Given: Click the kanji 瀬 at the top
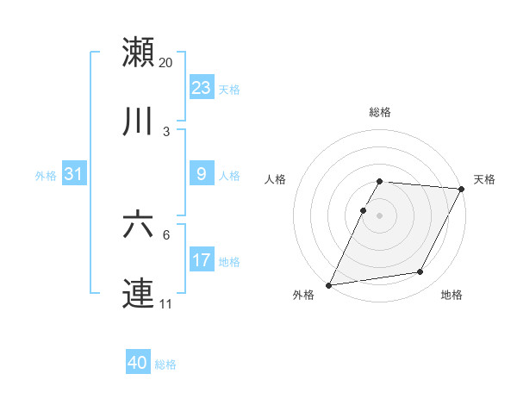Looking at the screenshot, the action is pos(138,52).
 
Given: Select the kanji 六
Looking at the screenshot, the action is pos(138,224).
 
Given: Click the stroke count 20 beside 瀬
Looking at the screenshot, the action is pos(166,63).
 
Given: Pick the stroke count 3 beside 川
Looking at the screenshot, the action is pos(166,131).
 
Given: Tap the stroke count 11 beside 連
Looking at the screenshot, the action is pos(165,304).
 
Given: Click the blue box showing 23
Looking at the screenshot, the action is pos(202,88).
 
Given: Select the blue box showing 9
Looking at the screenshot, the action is pos(202,174).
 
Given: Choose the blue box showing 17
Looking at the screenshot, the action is pos(202,260).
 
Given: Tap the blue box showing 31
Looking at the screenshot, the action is pos(74,174).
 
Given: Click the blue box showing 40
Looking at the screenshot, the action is pos(138,363).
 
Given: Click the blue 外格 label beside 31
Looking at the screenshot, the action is pos(46,176).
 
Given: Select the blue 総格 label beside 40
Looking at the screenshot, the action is pos(165,364).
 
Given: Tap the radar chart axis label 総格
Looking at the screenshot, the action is pos(380,112).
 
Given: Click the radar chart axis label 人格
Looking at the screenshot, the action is pos(277,179).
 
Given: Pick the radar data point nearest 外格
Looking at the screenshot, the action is pos(328,285).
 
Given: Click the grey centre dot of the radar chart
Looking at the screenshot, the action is pos(380,215).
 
